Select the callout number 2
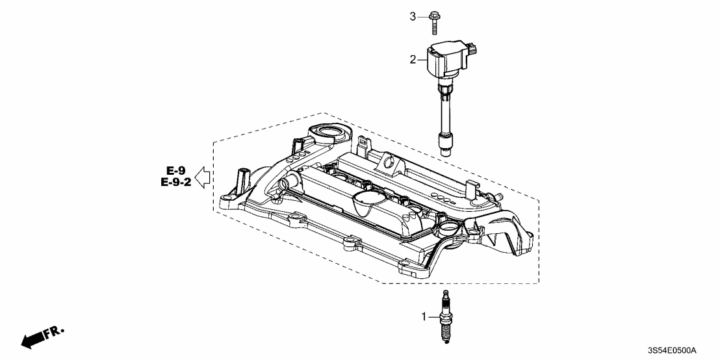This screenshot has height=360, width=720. point(412,60)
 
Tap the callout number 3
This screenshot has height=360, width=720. point(412,16)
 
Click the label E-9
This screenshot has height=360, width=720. point(174,171)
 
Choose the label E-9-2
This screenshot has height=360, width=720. point(175,183)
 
